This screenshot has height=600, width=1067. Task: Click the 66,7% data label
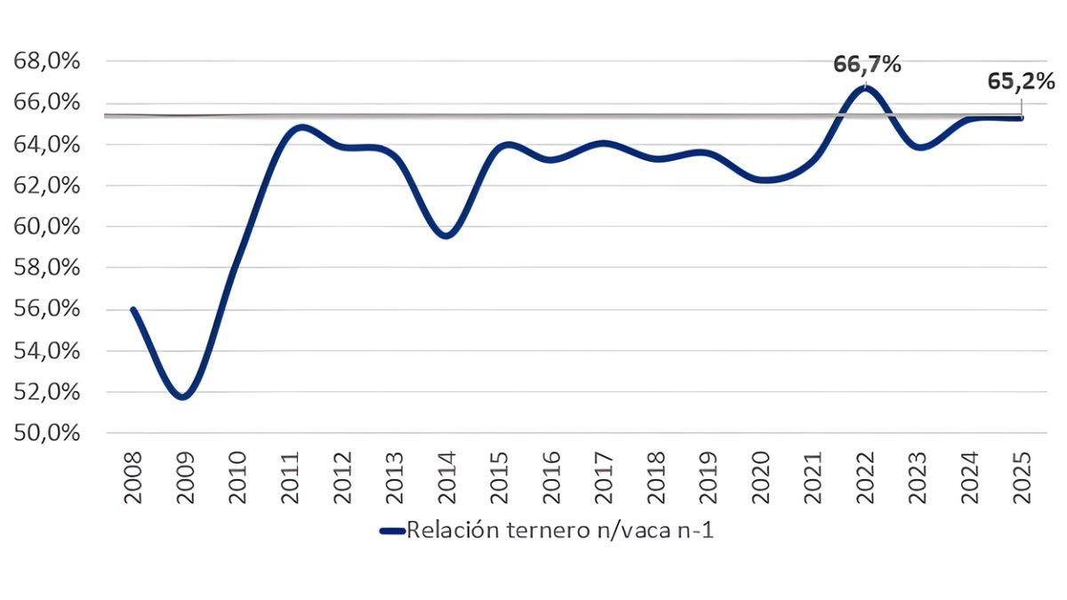click(x=867, y=64)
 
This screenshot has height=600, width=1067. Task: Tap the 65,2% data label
click(x=1022, y=81)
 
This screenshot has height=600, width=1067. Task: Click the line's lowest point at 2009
click(x=182, y=397)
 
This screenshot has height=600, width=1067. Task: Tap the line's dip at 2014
click(x=446, y=236)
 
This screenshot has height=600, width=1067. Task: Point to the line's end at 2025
click(x=1022, y=118)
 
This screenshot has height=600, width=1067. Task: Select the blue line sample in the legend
click(x=392, y=532)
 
